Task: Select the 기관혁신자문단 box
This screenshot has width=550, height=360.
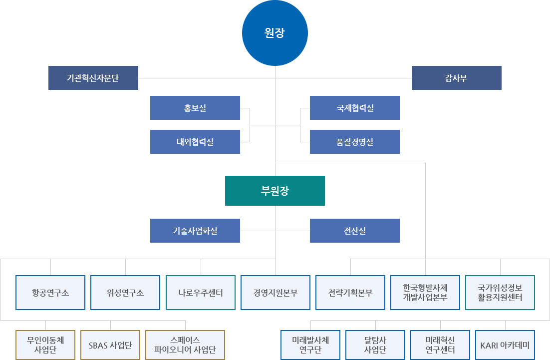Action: (93, 78)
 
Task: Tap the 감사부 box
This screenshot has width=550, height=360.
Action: (456, 78)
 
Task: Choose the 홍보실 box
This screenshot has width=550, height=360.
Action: (195, 108)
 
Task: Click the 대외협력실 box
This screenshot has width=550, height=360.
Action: (195, 142)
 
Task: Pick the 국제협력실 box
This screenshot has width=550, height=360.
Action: (354, 108)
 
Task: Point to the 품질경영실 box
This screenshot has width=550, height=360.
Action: (354, 142)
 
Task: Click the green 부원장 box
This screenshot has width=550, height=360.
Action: (275, 191)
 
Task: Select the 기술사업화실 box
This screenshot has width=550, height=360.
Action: (195, 231)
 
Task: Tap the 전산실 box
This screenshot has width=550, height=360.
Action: (354, 231)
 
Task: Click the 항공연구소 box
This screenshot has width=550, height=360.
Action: (50, 293)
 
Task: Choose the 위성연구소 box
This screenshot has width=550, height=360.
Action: (125, 293)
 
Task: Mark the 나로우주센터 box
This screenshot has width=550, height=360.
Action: (200, 293)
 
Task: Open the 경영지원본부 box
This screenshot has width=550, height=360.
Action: (275, 293)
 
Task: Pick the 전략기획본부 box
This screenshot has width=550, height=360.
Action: (350, 293)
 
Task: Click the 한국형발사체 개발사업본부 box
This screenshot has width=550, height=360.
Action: (425, 293)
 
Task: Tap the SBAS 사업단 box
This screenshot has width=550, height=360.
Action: (110, 345)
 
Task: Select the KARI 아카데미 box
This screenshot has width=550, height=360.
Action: (505, 345)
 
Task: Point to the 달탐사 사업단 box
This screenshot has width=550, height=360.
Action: (375, 345)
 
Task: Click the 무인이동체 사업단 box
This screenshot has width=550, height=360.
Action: (45, 345)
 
